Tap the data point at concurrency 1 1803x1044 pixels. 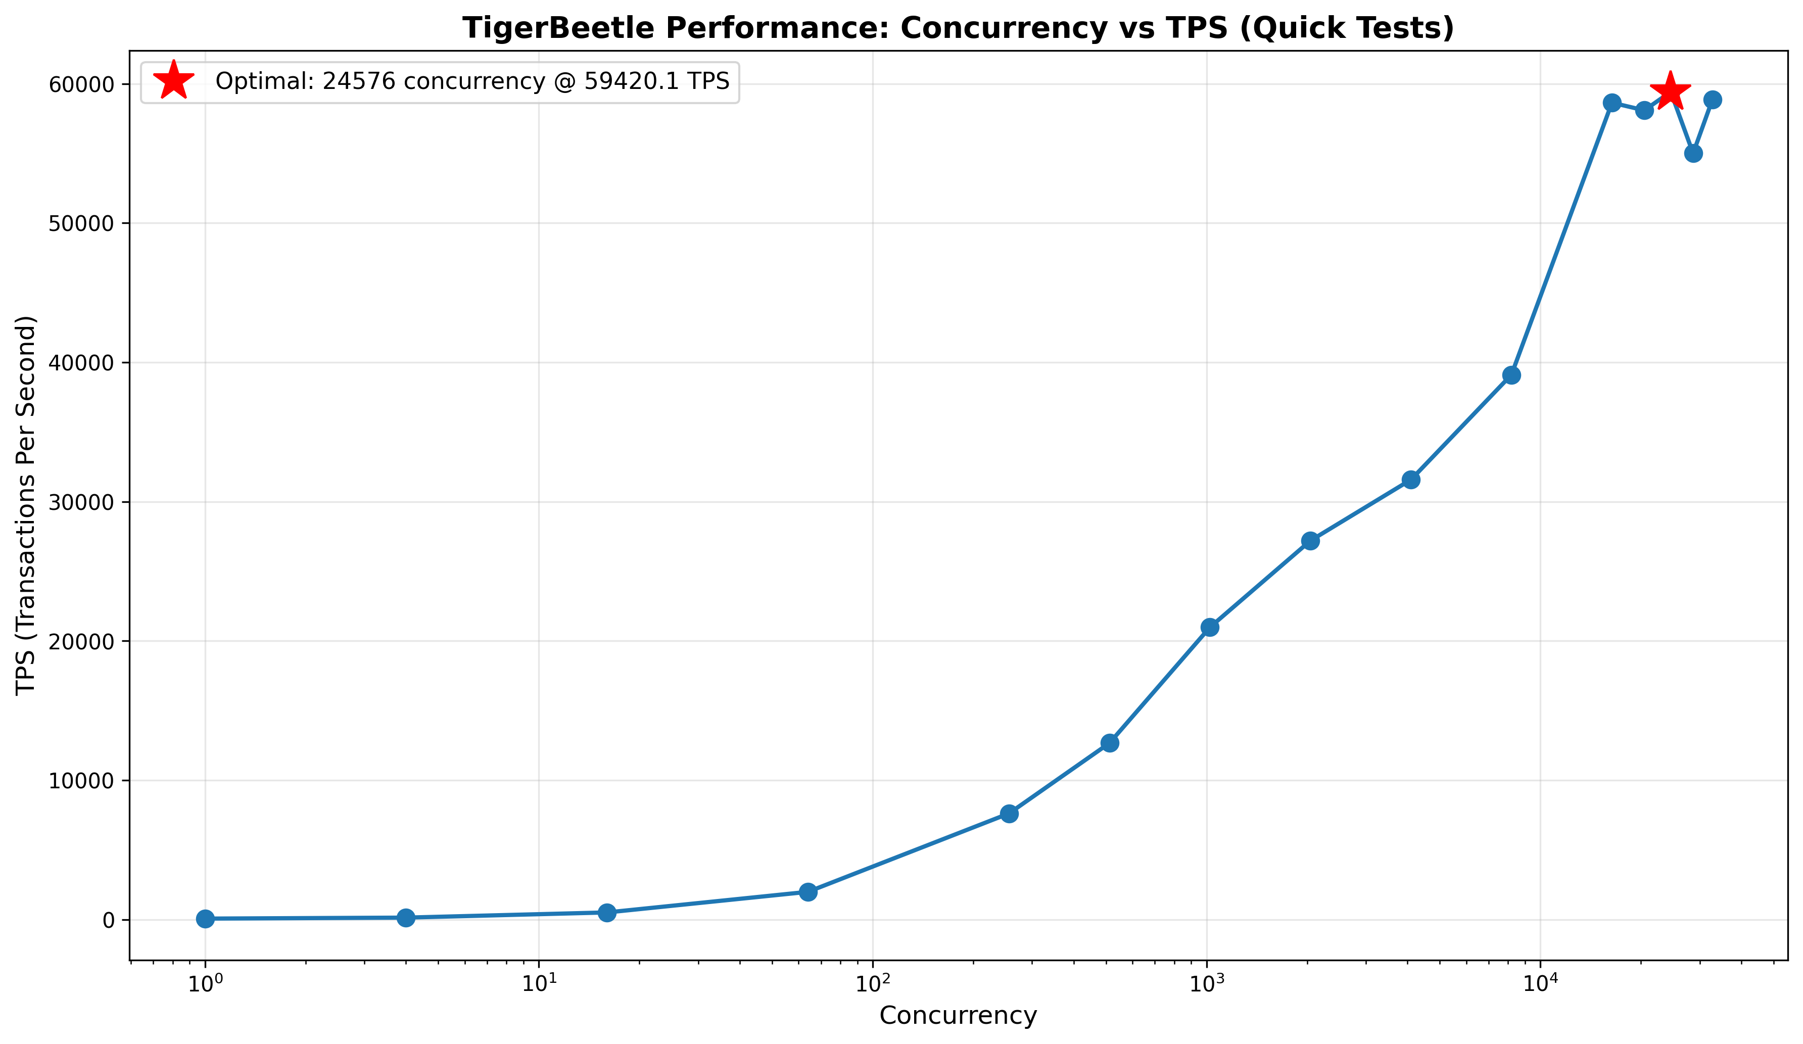(x=205, y=918)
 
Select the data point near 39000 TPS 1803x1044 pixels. (x=1511, y=375)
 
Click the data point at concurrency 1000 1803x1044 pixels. (x=1210, y=627)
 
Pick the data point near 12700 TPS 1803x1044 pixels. (x=1110, y=743)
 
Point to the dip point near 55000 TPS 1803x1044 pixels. (x=1693, y=153)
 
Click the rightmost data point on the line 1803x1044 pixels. (x=1713, y=100)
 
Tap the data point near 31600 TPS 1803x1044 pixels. (x=1411, y=480)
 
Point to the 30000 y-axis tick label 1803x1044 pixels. (x=81, y=502)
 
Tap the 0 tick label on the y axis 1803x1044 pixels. (x=109, y=920)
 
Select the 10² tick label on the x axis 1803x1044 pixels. (x=873, y=984)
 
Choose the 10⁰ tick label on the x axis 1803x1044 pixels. (x=205, y=984)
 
